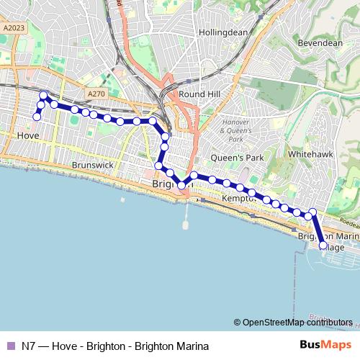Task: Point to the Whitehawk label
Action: coord(309,154)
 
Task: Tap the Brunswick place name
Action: coord(93,165)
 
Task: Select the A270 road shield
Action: coord(95,94)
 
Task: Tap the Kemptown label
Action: coord(238,198)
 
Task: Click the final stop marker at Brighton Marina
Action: coord(323,246)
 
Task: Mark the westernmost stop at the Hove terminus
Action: coord(37,117)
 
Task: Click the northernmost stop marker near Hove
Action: coord(43,95)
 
